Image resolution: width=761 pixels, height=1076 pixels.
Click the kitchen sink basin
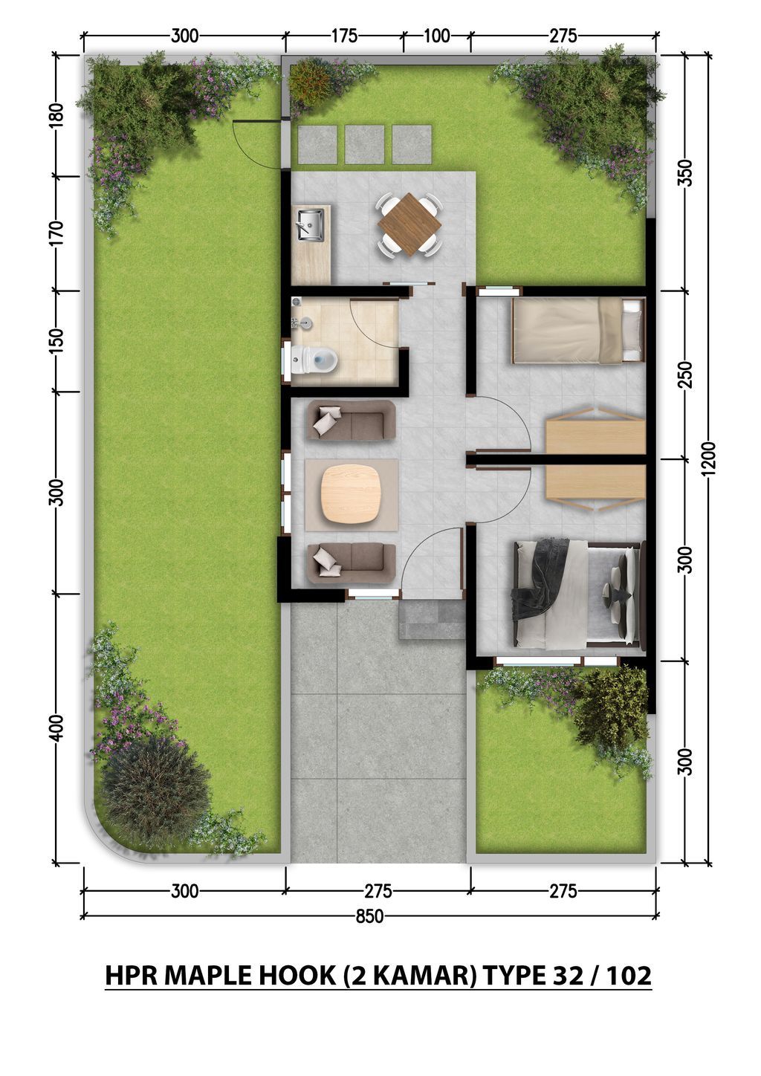[310, 224]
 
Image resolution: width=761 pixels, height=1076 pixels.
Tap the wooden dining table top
[409, 224]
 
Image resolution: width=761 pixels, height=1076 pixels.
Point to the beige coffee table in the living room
[351, 495]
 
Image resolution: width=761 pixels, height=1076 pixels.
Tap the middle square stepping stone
[364, 144]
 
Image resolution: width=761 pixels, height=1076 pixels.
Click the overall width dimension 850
[369, 916]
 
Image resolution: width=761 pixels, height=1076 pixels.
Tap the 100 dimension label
[437, 36]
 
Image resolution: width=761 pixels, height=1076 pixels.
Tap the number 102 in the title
[629, 975]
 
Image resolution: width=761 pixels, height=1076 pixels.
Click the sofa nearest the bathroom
[351, 421]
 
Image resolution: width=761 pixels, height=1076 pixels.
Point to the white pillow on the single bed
[632, 328]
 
